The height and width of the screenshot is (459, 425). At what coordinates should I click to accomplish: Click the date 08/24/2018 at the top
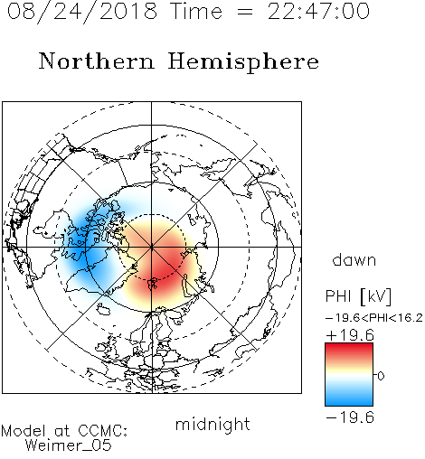point(82,12)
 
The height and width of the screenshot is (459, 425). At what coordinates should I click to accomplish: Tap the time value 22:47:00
point(318,12)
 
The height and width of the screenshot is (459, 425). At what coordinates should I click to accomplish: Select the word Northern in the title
point(97,61)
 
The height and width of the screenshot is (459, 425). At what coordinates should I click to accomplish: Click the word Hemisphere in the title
point(243,61)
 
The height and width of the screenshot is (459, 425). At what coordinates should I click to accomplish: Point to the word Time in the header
point(196,12)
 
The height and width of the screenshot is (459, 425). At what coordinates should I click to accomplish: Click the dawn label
point(354,260)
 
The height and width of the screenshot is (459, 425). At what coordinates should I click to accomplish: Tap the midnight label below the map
point(212,424)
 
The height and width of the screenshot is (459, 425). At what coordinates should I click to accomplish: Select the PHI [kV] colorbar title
point(358,296)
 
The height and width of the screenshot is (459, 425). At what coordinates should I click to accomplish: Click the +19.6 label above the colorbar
point(350,335)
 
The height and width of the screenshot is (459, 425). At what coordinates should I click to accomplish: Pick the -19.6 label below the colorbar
point(350,417)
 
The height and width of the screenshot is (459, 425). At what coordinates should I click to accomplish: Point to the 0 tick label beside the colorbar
point(381,376)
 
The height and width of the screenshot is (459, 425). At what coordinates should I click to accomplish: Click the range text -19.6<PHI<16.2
point(373,318)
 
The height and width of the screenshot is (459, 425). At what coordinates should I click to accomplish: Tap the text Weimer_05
point(69,445)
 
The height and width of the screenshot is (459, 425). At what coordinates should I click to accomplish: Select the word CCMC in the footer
point(102,431)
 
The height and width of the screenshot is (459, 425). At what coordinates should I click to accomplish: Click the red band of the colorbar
point(349,351)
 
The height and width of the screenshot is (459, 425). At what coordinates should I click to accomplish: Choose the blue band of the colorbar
point(349,398)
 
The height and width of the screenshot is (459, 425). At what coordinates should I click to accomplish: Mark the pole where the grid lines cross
point(152,247)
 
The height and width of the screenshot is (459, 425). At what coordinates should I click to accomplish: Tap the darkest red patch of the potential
point(163,269)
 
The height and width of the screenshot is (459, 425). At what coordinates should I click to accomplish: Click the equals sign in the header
point(245,12)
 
